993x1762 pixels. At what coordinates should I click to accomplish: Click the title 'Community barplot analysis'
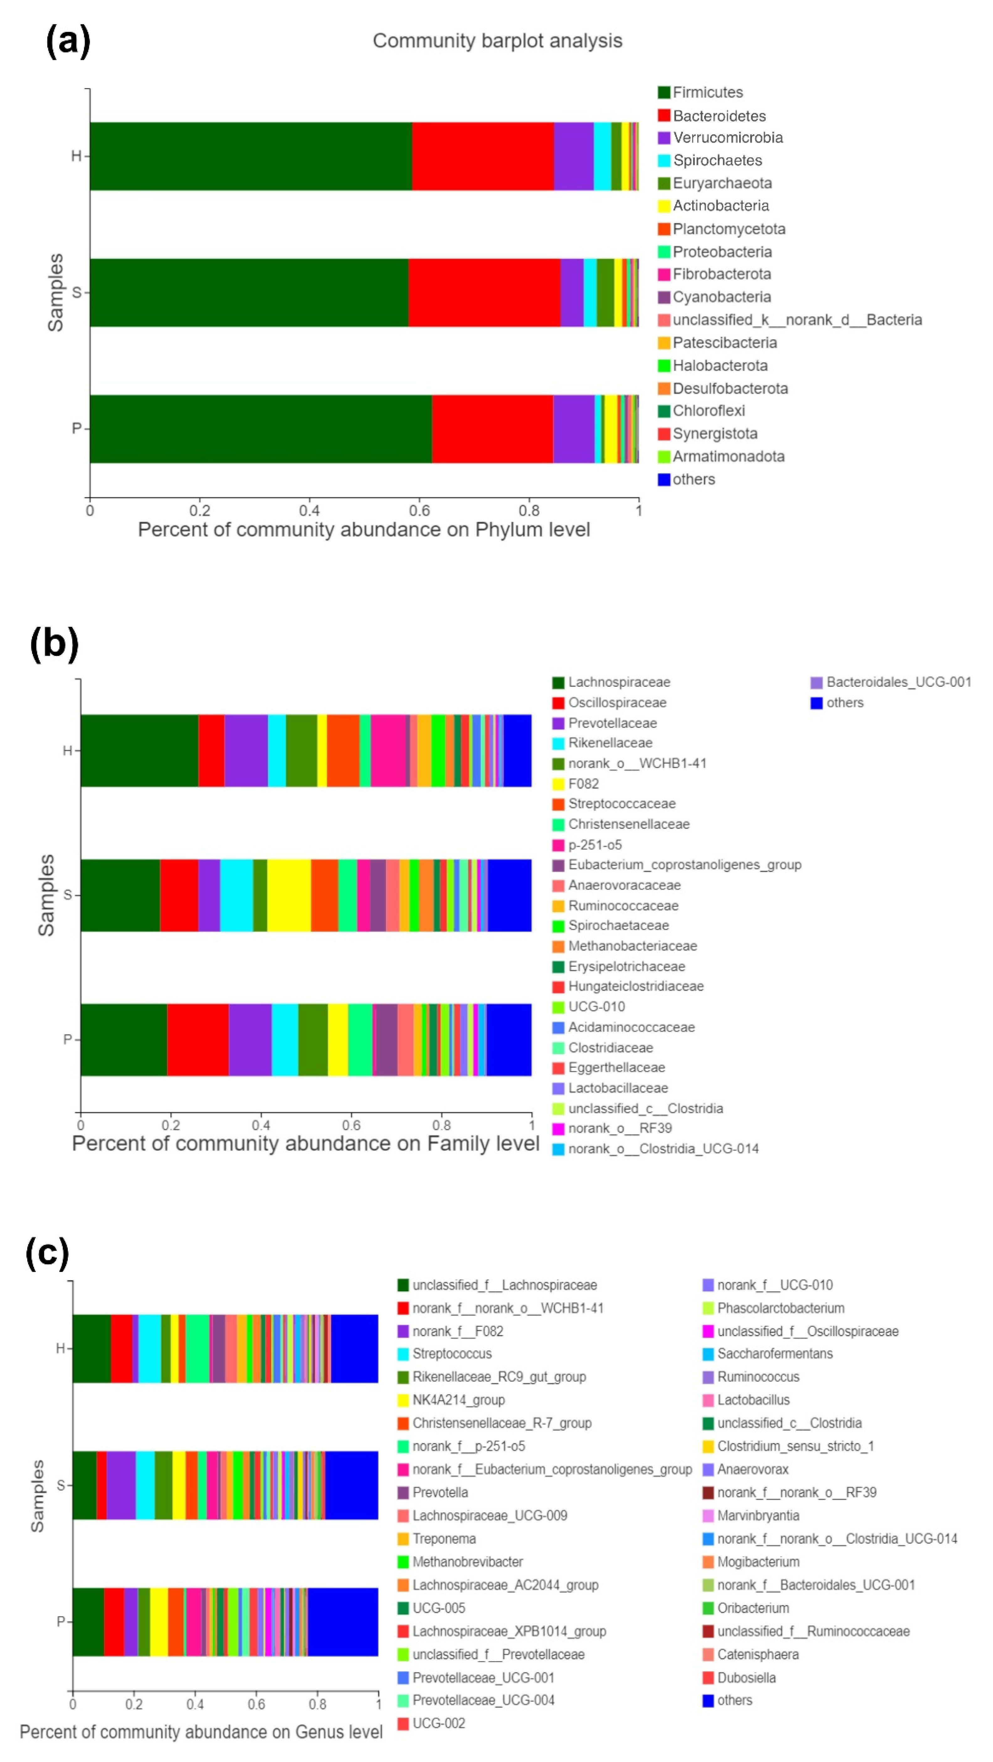(497, 41)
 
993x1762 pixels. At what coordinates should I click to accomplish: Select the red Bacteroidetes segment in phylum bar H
(482, 156)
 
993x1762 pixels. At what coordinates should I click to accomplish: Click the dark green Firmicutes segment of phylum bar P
(260, 429)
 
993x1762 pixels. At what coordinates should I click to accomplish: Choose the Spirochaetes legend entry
(717, 160)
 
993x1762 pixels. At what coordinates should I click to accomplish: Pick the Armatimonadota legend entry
(728, 456)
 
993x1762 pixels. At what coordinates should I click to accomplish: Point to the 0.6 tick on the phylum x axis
(419, 510)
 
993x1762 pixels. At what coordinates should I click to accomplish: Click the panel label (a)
(68, 41)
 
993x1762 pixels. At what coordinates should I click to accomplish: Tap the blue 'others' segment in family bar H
(517, 750)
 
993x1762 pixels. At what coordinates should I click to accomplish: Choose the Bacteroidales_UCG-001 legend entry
(898, 682)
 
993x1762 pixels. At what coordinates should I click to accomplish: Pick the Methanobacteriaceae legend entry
(632, 946)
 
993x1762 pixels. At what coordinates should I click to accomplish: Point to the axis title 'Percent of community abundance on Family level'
(306, 1143)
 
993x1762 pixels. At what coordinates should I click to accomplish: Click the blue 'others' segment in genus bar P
(343, 1622)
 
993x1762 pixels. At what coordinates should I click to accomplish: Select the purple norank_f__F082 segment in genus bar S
(121, 1485)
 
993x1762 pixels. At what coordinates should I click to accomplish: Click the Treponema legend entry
(444, 1538)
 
